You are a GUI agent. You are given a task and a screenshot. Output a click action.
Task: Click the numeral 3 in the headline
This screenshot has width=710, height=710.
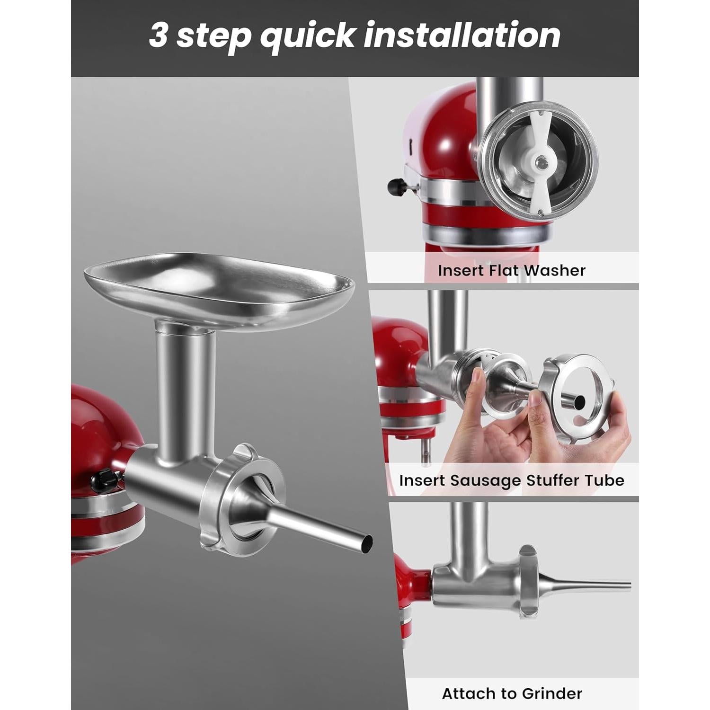point(159,35)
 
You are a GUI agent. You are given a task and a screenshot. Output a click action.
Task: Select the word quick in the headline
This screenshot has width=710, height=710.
point(307,36)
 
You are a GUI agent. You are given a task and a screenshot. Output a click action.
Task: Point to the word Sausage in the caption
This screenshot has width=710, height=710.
point(479,480)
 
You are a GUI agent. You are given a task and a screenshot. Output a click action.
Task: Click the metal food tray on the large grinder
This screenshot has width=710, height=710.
point(219,289)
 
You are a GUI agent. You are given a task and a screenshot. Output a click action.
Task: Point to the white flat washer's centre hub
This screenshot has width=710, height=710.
point(540,163)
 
